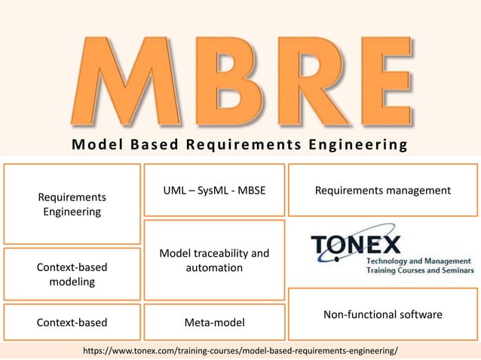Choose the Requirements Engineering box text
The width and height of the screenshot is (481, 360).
click(72, 204)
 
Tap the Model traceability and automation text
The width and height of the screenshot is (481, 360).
click(214, 260)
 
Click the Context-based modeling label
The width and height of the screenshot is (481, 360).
click(72, 274)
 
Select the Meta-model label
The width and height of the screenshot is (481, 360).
click(214, 323)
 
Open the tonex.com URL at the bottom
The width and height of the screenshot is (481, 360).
click(240, 351)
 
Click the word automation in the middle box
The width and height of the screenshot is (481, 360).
click(214, 267)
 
